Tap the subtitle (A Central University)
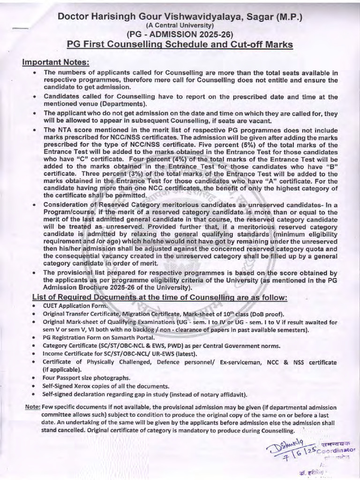tap(180, 26)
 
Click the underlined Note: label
tap(32, 407)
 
